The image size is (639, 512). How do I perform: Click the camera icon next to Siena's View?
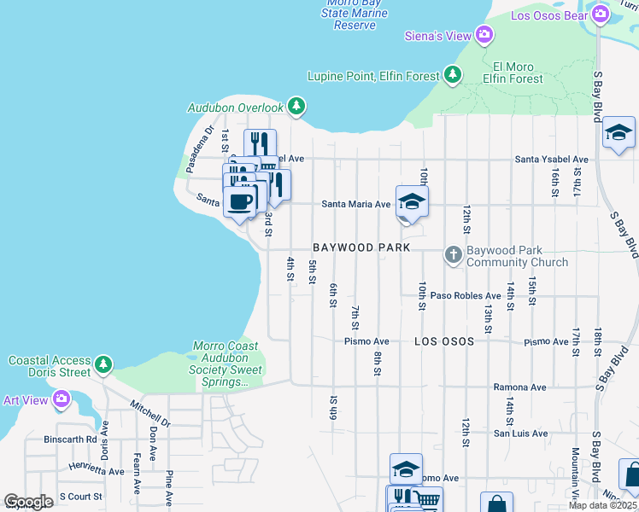point(484,35)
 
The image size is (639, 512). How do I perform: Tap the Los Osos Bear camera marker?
point(601,15)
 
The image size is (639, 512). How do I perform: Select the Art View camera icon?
point(61,399)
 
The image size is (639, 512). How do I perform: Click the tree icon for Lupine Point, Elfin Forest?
point(453,76)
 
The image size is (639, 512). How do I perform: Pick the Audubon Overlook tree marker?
point(296,107)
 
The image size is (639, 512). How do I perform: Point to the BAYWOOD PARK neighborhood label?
point(355,247)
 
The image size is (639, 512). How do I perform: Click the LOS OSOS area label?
point(443,341)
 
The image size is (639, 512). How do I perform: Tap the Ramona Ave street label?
point(519,387)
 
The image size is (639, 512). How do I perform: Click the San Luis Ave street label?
point(520,433)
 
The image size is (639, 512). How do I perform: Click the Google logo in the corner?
point(28,501)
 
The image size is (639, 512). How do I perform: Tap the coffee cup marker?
point(239,202)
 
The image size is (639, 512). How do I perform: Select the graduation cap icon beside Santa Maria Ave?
point(412,202)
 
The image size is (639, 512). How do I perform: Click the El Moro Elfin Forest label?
point(513,73)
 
